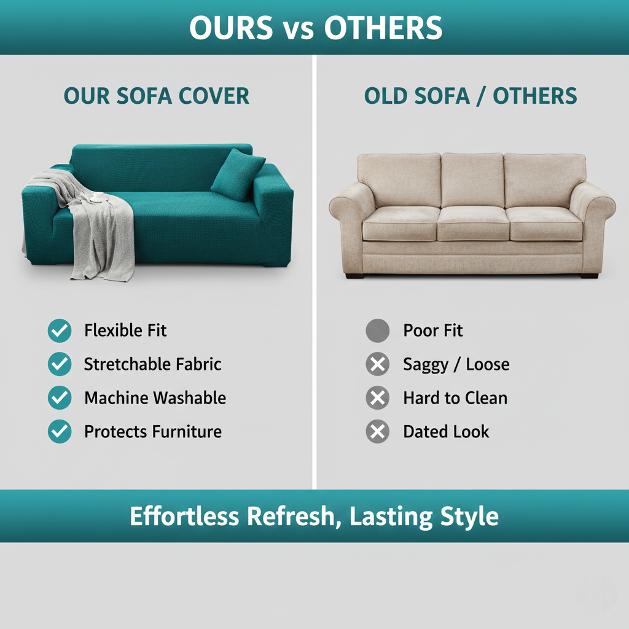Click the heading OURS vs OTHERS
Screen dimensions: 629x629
click(x=314, y=28)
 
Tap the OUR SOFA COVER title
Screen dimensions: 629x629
click(x=157, y=96)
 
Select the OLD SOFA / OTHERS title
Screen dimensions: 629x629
click(x=471, y=96)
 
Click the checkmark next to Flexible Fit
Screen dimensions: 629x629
click(x=60, y=331)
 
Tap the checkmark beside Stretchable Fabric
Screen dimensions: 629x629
click(x=60, y=364)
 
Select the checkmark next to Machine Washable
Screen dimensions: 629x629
click(x=60, y=398)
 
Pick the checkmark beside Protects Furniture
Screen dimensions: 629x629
click(x=60, y=432)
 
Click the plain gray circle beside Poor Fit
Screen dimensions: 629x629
click(x=377, y=331)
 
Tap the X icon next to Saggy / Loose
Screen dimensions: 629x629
click(x=377, y=365)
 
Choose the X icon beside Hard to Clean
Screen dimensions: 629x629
click(x=377, y=398)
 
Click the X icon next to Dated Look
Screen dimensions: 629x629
click(x=377, y=432)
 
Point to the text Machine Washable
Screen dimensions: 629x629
click(x=155, y=398)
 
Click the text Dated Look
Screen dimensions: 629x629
click(x=446, y=432)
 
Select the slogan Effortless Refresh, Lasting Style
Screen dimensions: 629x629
click(x=314, y=516)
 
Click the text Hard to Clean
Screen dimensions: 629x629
click(x=455, y=398)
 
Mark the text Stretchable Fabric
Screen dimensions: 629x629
click(x=152, y=364)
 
